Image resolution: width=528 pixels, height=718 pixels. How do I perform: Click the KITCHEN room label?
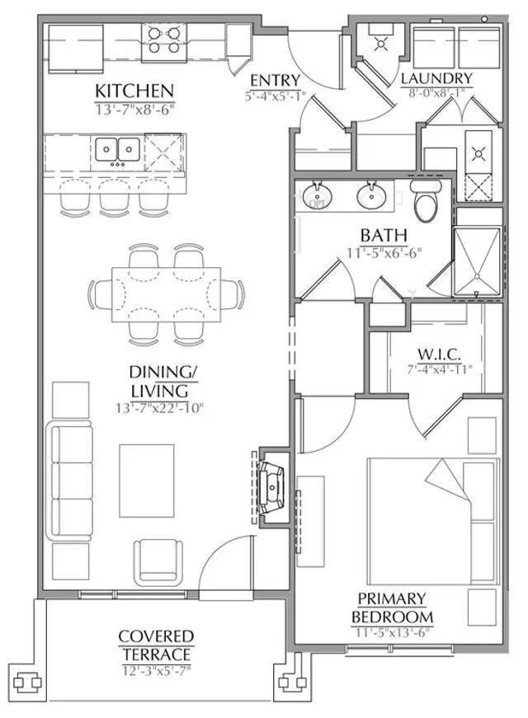(x=134, y=92)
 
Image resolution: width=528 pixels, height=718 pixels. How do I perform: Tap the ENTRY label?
(x=275, y=81)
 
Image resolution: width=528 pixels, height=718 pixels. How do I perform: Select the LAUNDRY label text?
(x=436, y=79)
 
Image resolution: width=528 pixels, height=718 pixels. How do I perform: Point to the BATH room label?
(x=384, y=236)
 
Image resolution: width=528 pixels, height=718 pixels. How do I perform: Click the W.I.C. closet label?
(x=439, y=354)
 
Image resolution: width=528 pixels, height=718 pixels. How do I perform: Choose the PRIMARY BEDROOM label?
(x=392, y=608)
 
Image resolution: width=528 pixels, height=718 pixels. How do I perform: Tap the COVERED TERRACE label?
(x=156, y=645)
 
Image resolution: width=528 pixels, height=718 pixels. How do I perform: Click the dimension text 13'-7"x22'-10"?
(x=159, y=407)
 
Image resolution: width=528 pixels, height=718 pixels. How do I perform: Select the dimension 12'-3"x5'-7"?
(x=156, y=671)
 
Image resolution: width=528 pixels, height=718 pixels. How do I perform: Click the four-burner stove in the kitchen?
(x=163, y=40)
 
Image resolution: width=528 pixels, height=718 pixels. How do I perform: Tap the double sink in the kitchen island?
(x=117, y=149)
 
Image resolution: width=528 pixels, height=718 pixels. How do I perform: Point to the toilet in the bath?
(x=426, y=200)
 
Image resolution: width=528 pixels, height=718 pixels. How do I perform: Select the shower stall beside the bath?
(x=477, y=262)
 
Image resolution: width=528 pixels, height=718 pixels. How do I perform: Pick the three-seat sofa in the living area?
(x=70, y=482)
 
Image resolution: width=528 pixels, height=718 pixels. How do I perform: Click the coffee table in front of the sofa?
(x=147, y=481)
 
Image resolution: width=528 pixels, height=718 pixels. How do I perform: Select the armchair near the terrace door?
(x=158, y=561)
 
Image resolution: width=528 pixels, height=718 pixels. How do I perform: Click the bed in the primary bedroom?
(x=432, y=521)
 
